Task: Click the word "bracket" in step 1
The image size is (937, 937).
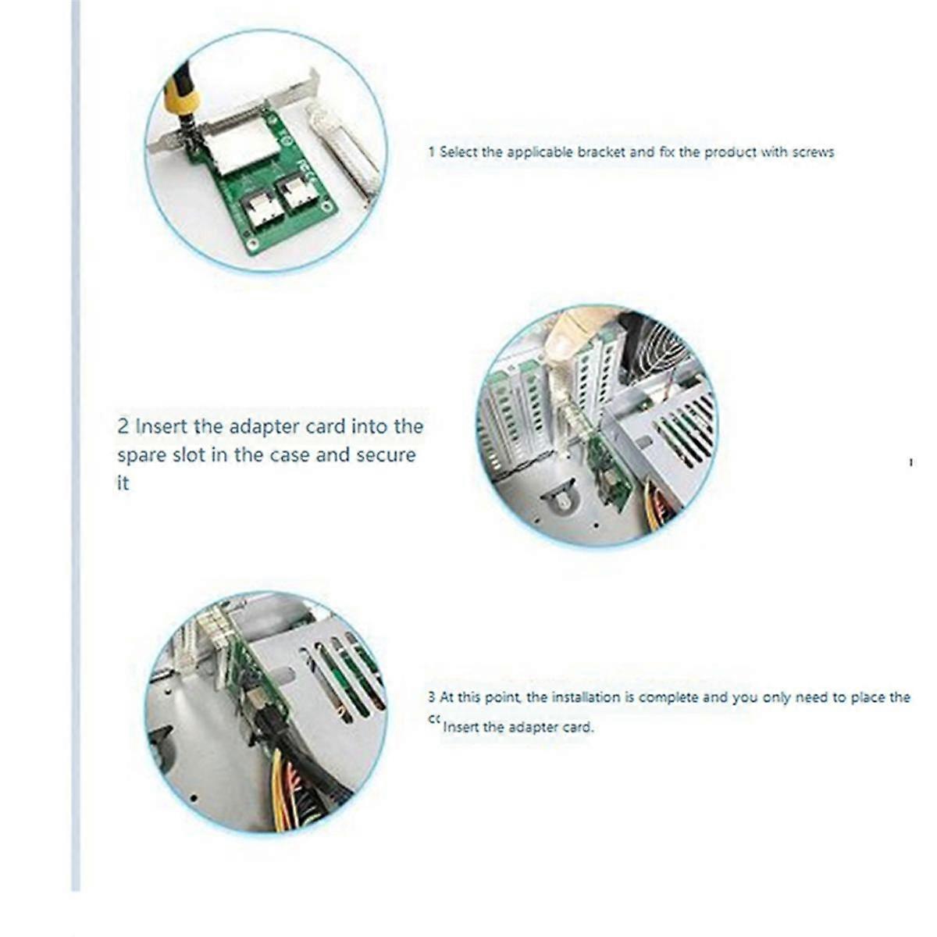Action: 601,152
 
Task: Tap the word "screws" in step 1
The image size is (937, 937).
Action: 813,152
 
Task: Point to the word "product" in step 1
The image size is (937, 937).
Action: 729,152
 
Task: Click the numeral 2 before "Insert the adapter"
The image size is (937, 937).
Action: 123,427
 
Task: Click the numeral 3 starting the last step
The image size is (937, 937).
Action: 432,697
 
